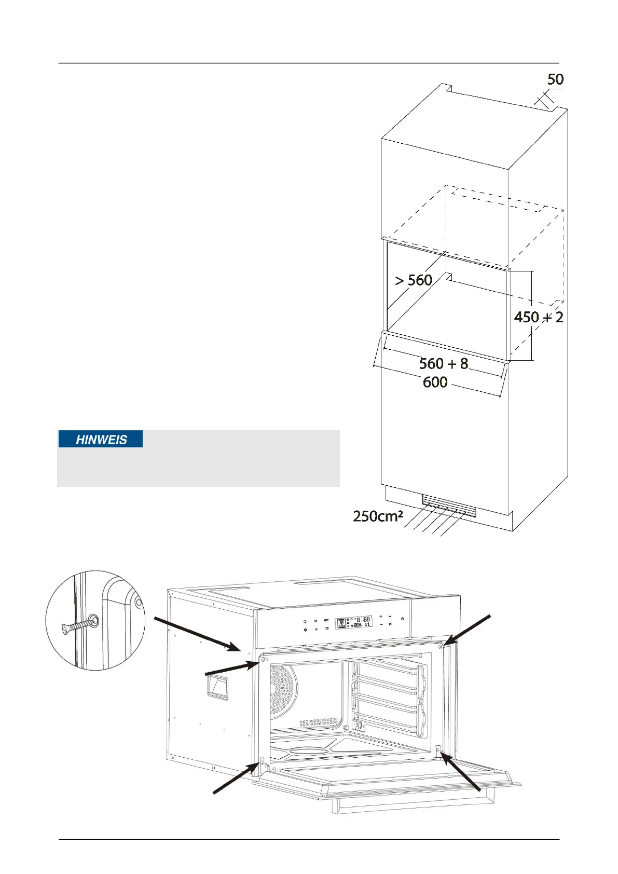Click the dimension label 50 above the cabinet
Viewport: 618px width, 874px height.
click(555, 79)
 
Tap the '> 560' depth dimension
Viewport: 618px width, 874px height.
click(414, 280)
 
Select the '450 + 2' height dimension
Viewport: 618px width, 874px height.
click(538, 317)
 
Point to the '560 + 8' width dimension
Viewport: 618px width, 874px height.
click(444, 364)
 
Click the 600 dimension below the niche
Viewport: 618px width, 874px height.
click(435, 383)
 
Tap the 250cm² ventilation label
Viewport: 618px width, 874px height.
click(378, 516)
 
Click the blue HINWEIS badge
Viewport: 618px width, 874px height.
click(101, 440)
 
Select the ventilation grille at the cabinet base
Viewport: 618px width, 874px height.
click(449, 506)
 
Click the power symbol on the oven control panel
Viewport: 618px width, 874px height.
click(402, 619)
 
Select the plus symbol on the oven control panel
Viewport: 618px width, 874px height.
click(381, 616)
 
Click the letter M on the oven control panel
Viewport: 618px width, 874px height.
click(315, 621)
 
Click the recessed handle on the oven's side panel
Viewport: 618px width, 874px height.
click(218, 689)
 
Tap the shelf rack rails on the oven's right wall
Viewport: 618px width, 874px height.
click(389, 695)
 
